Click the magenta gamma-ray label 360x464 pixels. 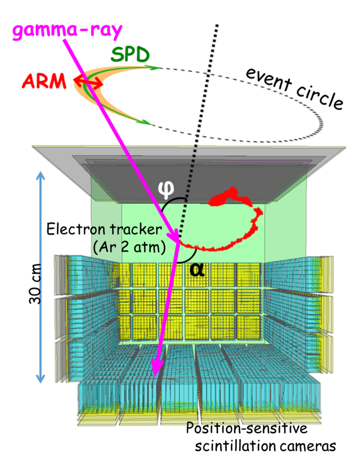67,31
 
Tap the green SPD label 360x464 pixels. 130,55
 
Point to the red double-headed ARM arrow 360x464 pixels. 88,81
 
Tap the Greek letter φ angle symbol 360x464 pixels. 167,188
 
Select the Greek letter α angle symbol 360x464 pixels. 196,269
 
